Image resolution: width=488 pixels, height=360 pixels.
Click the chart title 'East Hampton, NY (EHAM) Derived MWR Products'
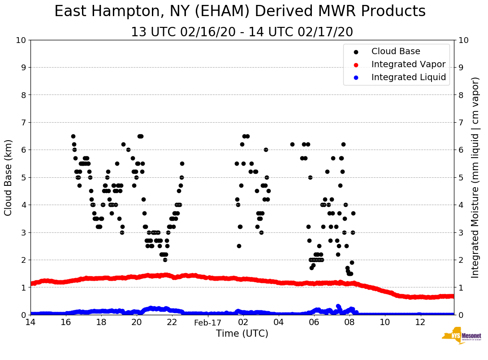[x=240, y=12]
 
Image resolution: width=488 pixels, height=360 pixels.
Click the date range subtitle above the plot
[x=242, y=32]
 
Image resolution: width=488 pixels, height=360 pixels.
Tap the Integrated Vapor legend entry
[x=408, y=64]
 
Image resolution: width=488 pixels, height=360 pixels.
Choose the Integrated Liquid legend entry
[x=408, y=77]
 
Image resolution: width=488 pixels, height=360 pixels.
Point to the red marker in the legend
[x=356, y=64]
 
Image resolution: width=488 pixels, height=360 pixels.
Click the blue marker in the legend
[x=356, y=77]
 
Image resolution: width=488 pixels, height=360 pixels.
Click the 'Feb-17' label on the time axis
[x=207, y=322]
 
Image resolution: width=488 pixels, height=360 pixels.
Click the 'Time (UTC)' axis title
[x=242, y=334]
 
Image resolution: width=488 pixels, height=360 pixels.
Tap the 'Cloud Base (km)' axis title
[x=9, y=177]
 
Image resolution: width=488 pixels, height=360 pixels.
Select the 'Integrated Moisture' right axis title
[x=475, y=177]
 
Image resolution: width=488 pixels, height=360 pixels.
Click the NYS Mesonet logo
[x=461, y=336]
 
